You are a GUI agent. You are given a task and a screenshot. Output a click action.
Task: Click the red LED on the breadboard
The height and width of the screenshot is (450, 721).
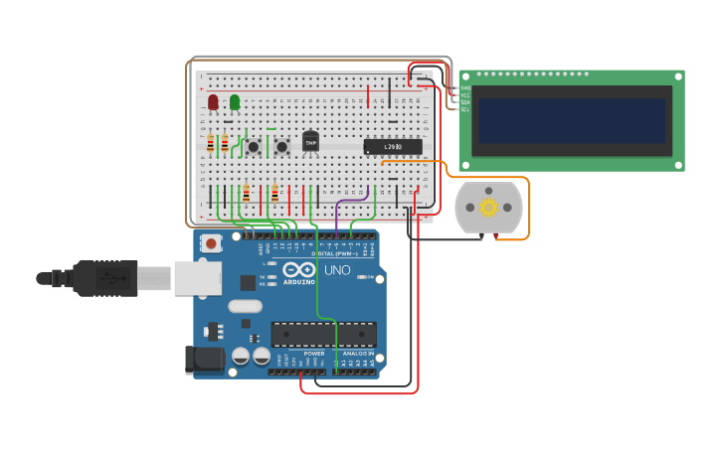click(213, 101)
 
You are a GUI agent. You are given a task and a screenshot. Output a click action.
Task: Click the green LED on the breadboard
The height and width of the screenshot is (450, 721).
click(235, 101)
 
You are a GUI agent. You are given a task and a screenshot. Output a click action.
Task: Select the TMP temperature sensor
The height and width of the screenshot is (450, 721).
click(310, 142)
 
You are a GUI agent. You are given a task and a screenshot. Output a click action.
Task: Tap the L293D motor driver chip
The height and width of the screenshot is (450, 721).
click(392, 147)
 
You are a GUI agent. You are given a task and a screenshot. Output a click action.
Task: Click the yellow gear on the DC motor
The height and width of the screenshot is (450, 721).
click(488, 207)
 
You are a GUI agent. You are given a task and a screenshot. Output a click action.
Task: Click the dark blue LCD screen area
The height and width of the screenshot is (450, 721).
click(571, 120)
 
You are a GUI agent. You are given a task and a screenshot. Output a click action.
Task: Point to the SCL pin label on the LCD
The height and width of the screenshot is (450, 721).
click(464, 109)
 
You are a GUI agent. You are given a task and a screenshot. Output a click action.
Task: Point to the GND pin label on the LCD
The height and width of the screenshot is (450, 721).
click(464, 87)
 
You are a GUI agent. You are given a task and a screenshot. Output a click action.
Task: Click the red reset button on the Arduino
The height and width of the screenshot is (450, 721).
click(211, 243)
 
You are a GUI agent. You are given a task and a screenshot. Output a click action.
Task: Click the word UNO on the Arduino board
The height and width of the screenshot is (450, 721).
click(337, 270)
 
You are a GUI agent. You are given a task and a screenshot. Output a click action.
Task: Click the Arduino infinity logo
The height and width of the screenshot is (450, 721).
click(299, 270)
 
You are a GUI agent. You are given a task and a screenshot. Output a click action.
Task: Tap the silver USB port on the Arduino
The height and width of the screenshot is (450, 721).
click(198, 278)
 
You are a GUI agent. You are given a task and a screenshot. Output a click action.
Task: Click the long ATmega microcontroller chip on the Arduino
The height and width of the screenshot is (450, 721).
click(323, 335)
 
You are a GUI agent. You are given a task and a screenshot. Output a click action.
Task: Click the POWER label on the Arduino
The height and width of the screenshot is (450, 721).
click(313, 354)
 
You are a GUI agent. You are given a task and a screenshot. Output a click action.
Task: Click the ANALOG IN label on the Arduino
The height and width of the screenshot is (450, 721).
click(357, 354)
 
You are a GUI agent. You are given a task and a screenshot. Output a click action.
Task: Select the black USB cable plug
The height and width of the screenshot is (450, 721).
click(105, 278)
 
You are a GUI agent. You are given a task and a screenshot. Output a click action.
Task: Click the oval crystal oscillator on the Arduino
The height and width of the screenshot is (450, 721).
click(245, 307)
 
